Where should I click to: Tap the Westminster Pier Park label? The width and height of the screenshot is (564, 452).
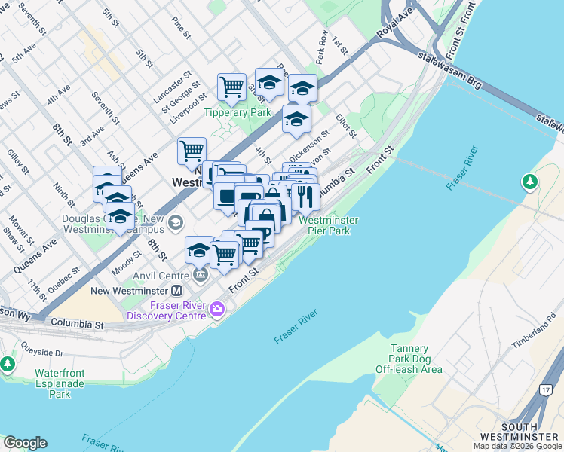328,225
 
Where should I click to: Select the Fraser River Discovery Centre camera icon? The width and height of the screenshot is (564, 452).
218,308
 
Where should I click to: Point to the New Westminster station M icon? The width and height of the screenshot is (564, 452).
177,291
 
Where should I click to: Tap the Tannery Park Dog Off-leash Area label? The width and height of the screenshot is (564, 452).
409,359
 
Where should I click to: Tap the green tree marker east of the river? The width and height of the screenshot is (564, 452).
530,182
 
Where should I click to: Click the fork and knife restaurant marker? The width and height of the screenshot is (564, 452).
305,196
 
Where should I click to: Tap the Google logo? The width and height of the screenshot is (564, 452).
25,443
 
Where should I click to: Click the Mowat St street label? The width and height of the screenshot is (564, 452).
17,228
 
